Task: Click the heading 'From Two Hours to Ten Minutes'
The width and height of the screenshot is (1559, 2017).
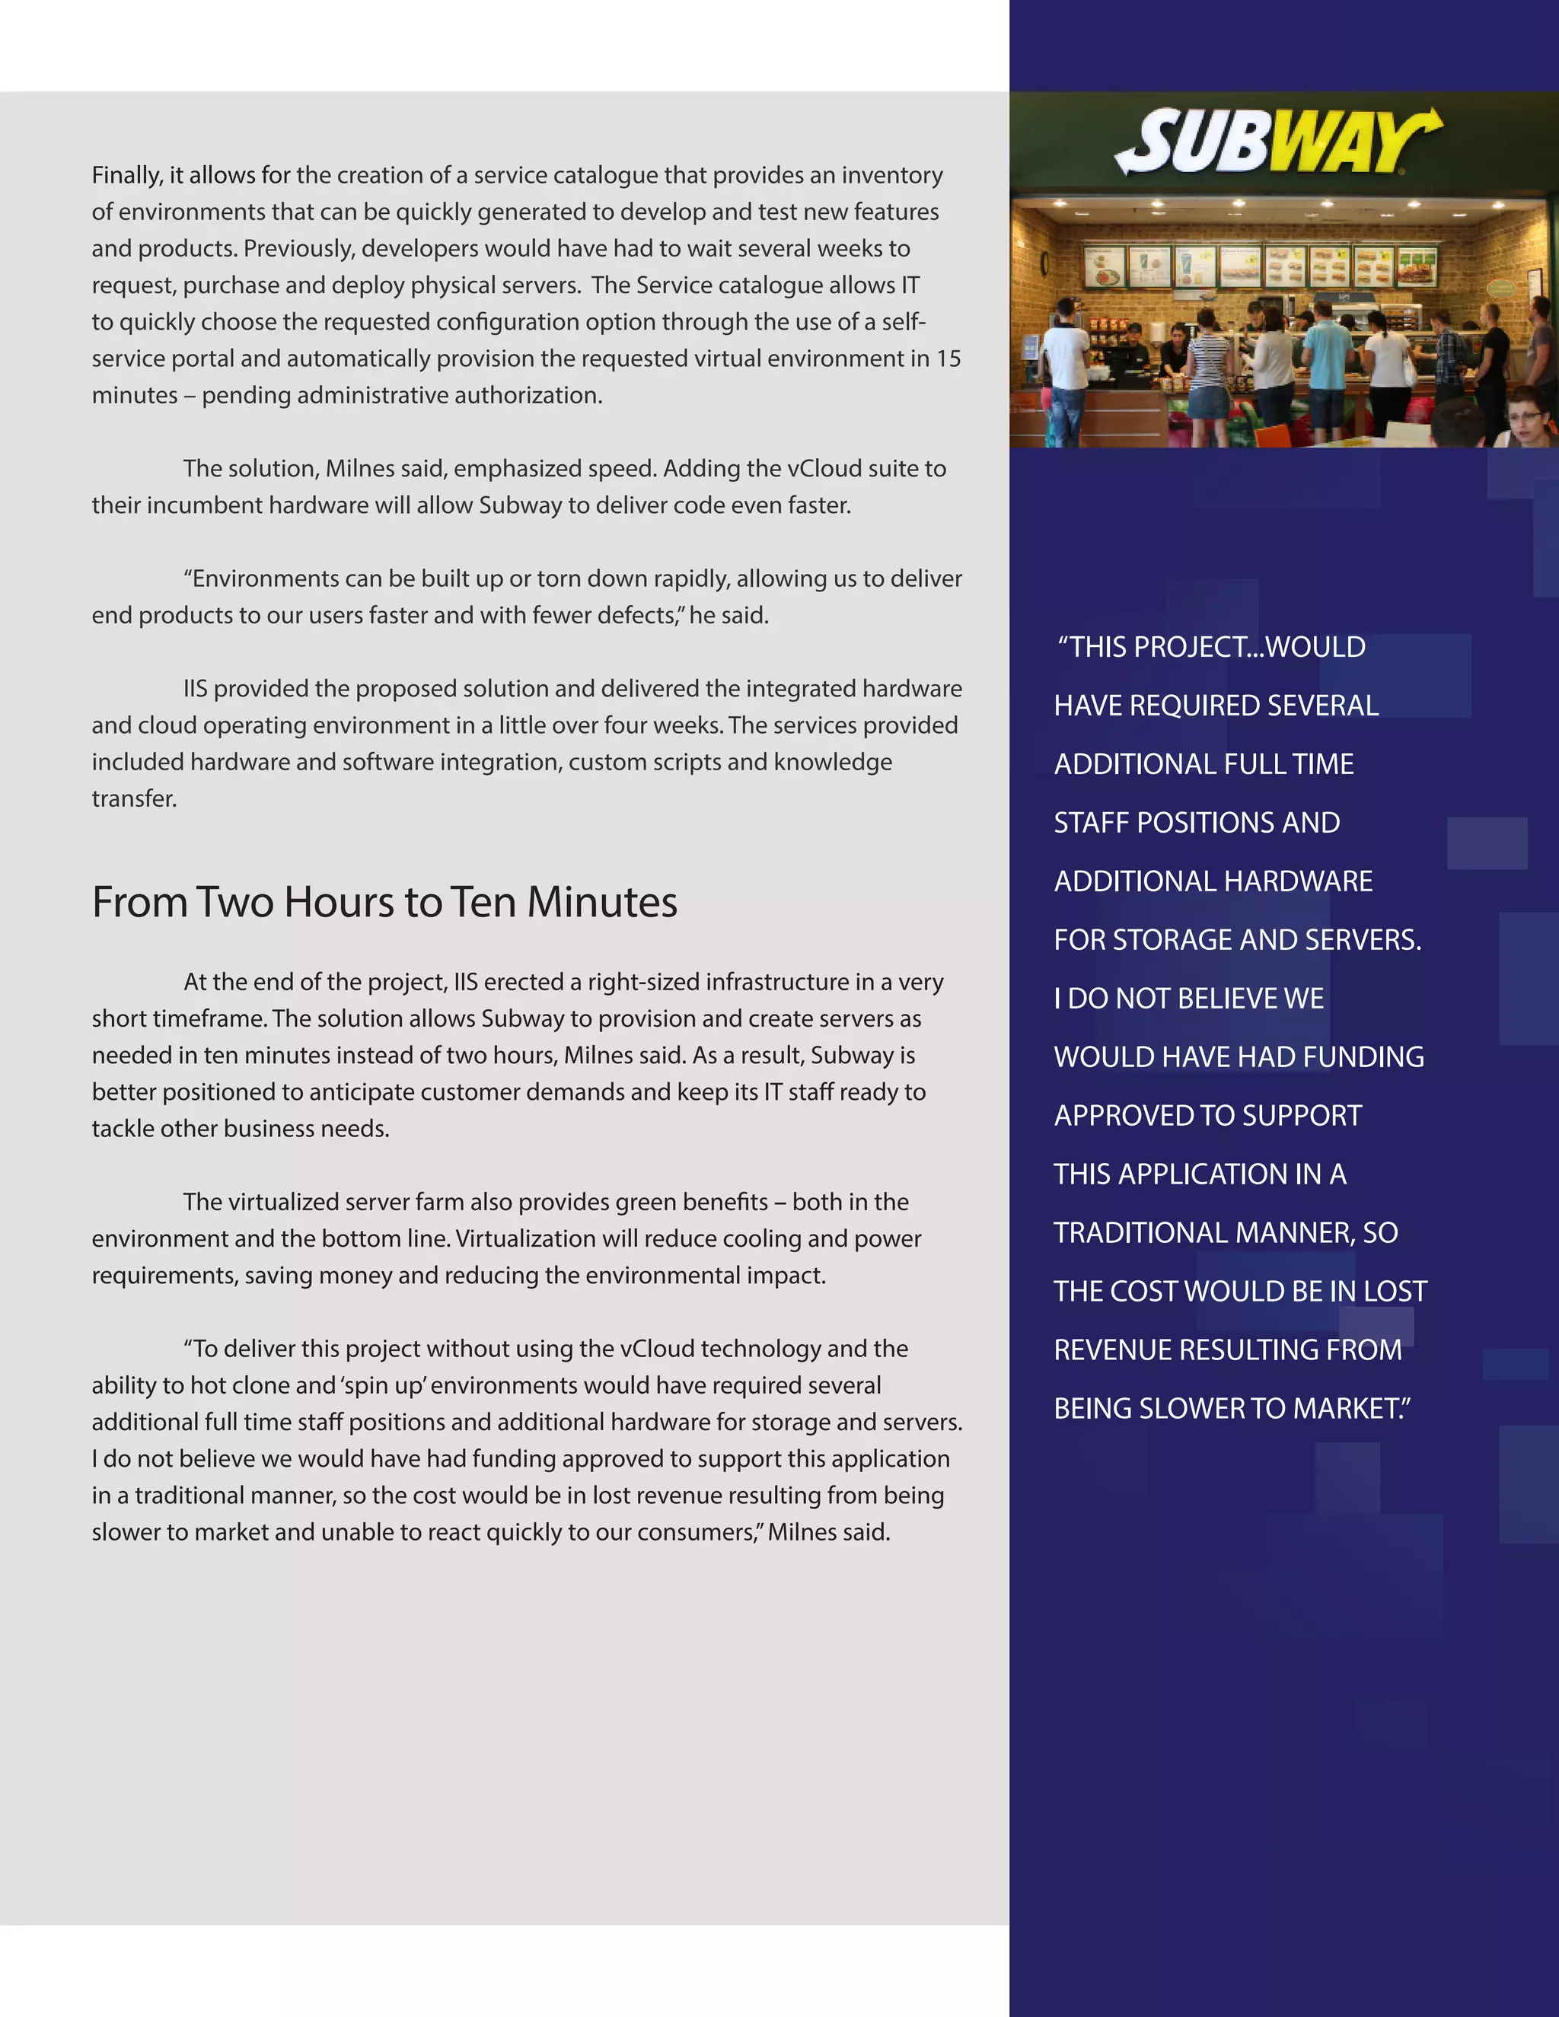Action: (384, 902)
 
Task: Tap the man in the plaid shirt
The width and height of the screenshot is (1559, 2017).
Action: (1452, 355)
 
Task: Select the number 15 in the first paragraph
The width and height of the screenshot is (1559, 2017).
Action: (948, 359)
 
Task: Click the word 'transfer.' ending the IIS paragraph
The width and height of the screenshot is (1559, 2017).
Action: (134, 799)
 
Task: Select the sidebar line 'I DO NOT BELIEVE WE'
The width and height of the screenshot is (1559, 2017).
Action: (1188, 999)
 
